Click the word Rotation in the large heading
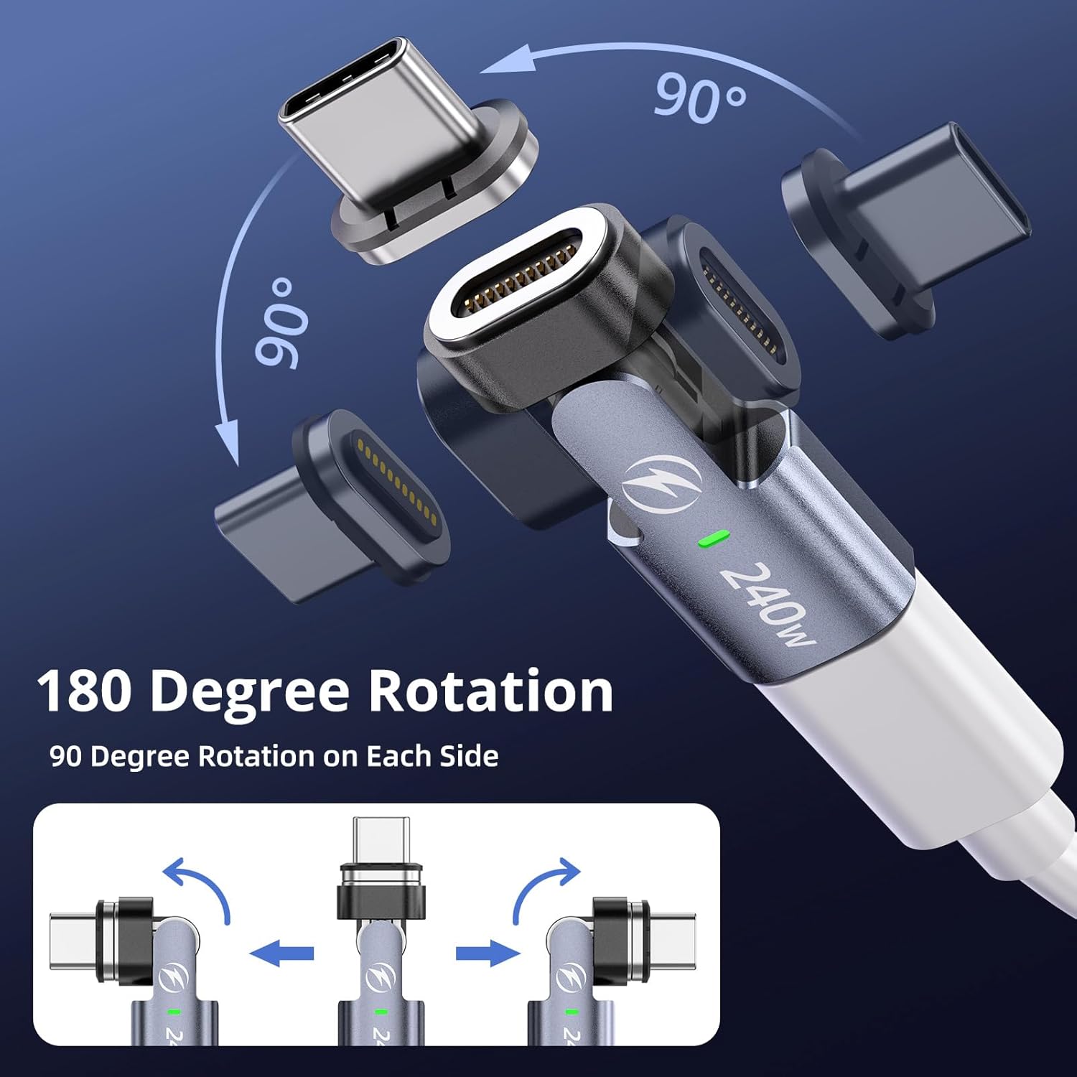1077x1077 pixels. point(490,690)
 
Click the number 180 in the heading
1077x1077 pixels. point(84,690)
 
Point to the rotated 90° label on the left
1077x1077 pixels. point(281,321)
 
